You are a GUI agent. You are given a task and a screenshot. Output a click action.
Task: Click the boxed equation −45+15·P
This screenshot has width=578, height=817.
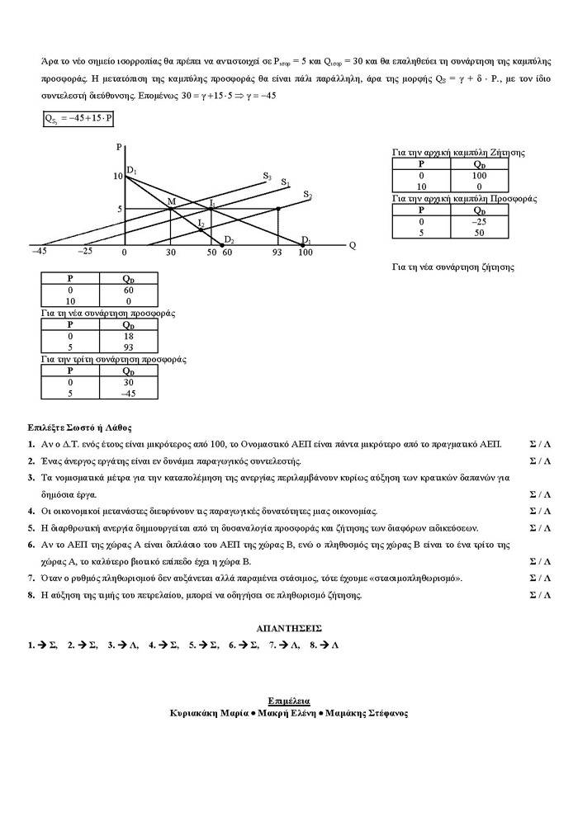[79, 119]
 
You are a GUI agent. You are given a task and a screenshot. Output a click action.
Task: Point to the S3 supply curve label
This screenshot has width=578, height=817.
[267, 176]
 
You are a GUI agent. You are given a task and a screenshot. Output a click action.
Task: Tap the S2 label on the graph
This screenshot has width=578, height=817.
[307, 195]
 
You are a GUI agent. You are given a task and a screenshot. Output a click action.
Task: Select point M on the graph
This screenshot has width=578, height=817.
[171, 202]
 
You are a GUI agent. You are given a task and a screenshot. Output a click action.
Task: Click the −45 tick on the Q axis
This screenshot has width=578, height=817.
[39, 251]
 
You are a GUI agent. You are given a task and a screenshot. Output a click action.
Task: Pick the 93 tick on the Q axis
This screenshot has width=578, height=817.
[277, 251]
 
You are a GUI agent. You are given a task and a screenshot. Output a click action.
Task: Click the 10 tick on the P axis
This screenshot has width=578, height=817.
[118, 177]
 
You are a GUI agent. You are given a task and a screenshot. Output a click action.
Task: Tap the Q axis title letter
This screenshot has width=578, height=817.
[353, 245]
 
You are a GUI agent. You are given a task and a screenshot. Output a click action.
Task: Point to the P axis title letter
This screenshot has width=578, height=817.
[120, 147]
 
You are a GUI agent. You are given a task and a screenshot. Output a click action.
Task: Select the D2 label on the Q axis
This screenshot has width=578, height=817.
[229, 240]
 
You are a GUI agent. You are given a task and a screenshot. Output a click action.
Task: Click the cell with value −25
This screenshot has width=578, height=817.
[478, 221]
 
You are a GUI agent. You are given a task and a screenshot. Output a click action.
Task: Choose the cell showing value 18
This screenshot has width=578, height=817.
[128, 337]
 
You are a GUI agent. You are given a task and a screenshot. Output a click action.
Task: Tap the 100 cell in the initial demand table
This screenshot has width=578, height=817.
[478, 175]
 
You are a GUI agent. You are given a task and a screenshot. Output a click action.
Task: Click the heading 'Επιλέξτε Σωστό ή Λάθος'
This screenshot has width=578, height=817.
[79, 427]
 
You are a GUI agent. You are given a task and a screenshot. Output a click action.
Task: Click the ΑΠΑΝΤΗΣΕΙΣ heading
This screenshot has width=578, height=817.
[289, 627]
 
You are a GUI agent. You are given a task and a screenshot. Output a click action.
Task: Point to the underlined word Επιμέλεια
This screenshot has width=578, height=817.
[289, 699]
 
